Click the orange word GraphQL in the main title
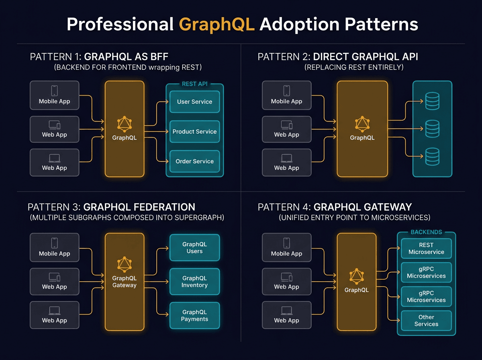point(217,24)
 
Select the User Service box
point(194,102)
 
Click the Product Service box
point(194,132)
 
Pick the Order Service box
point(194,162)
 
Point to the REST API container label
point(194,84)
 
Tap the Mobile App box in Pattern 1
point(54,95)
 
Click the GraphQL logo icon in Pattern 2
point(362,124)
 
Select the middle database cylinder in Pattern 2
point(432,129)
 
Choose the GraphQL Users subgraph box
point(194,248)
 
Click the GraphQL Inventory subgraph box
point(194,282)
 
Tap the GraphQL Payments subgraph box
point(194,315)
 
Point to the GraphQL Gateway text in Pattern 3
point(124,282)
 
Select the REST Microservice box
point(426,249)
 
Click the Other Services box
point(426,320)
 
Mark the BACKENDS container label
point(426,232)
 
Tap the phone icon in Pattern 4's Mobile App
point(286,243)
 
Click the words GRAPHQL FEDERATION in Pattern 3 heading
point(139,207)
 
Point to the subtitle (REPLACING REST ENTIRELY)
point(354,67)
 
